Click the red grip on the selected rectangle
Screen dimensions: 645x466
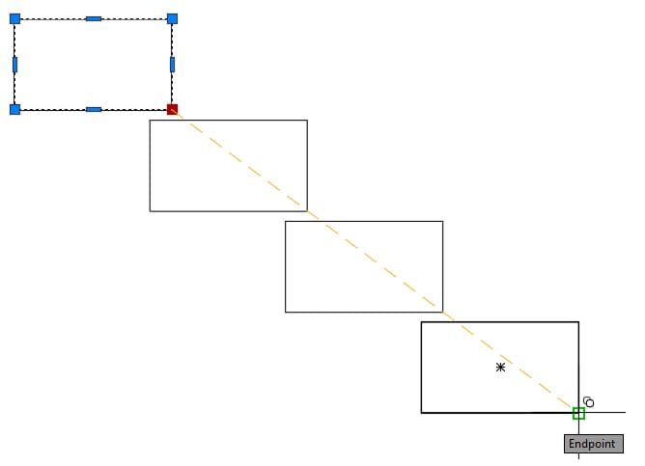tap(173, 109)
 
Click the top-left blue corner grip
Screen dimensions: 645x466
tap(14, 18)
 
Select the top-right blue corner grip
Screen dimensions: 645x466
tap(173, 18)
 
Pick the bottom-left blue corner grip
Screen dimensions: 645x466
tap(14, 109)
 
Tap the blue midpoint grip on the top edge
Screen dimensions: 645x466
tap(94, 18)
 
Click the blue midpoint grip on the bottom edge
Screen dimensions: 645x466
tap(94, 110)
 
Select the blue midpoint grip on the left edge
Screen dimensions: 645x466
tap(14, 65)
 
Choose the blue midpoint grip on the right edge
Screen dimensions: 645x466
tap(173, 65)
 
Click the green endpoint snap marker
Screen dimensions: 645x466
tap(578, 413)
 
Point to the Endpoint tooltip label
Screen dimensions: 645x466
tap(593, 444)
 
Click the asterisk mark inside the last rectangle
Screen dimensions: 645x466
tap(500, 367)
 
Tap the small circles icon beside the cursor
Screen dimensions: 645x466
tap(589, 402)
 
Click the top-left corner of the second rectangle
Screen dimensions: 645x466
tap(150, 120)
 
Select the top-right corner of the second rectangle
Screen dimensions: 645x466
tap(307, 120)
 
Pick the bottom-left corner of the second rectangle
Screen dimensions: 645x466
tap(150, 211)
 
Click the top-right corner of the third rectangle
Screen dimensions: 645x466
tap(443, 221)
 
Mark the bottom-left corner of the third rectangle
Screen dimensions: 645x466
tap(286, 312)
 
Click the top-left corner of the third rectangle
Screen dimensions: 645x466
tap(286, 221)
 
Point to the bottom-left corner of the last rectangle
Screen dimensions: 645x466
tap(421, 413)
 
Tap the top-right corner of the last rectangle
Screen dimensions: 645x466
tap(578, 322)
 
